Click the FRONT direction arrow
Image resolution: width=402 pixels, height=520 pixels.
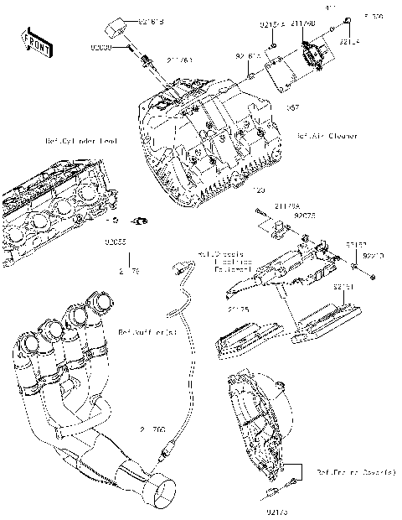click(33, 41)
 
